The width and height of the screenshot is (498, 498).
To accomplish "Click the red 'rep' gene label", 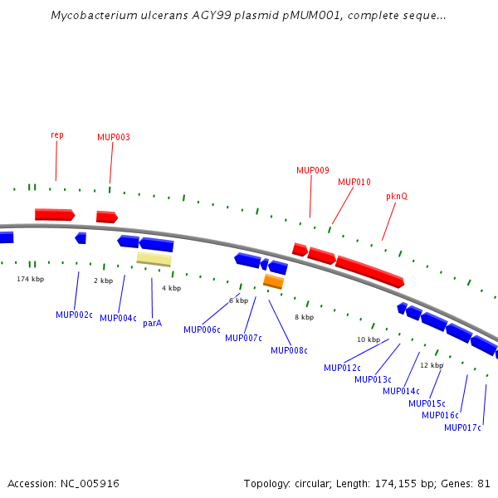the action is point(57,135).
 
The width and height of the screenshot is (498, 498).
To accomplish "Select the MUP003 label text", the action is point(114,137).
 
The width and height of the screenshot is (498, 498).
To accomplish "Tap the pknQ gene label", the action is point(397,196).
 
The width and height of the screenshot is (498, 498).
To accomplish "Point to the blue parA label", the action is point(153,324).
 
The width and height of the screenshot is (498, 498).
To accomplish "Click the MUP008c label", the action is point(289,350).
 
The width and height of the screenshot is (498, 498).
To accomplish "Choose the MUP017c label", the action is point(462,427).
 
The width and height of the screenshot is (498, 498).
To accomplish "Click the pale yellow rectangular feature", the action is point(154,259).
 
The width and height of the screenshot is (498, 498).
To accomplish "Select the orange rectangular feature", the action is point(273,281).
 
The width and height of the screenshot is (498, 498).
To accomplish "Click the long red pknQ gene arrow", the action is point(369,271).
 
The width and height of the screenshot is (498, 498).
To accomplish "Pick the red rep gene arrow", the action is point(55,215).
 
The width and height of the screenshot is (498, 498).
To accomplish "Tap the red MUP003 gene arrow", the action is point(107,217).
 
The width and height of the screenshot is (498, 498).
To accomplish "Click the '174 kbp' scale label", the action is point(31,279).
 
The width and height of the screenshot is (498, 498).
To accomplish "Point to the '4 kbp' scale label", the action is point(172,288).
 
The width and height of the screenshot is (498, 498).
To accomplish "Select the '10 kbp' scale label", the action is point(369,339).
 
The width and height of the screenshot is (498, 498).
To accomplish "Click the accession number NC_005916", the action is point(90,484).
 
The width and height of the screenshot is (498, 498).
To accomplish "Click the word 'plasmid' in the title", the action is point(256,15).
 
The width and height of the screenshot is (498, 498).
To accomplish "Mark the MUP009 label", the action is point(313,170).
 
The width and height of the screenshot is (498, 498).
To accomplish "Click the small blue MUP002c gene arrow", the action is point(81,238).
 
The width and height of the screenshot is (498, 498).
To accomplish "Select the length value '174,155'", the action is point(395,484).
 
